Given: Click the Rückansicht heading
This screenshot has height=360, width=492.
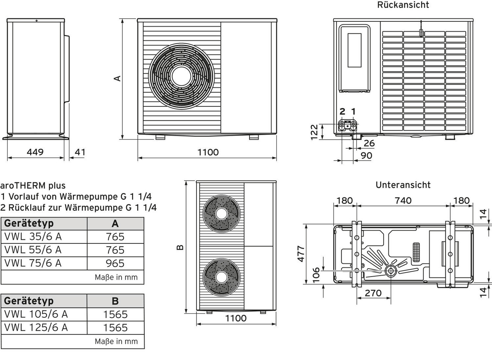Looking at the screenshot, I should pos(403,5).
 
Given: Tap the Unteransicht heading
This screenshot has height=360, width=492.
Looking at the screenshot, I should pos(403,185).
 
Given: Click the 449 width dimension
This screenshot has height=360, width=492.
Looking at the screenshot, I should pos(35,152).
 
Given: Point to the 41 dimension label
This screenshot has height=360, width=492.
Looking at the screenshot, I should pos(80,152).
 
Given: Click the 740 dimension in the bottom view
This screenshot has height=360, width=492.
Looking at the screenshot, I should pos(403,200).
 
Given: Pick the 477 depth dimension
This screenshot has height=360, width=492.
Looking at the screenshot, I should pos(301,254).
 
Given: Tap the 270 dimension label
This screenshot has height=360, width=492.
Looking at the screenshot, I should pos(373,293).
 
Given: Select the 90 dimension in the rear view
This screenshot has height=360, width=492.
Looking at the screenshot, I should pos(366,155).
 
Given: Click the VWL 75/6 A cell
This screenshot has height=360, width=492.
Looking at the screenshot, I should pos(33,263).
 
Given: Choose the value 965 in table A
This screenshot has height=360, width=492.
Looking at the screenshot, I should pos(115,263).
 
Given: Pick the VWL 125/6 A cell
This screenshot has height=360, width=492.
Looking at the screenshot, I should pos(36,327).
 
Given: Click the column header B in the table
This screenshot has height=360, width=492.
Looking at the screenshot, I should pos(115,301).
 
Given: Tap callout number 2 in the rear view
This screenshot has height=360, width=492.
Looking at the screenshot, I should pos(342,111).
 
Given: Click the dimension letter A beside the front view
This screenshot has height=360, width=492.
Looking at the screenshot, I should pos(117,78).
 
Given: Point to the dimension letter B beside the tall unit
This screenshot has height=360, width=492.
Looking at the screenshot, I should pos(180,247).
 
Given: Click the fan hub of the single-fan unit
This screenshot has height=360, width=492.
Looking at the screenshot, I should pos(181,77).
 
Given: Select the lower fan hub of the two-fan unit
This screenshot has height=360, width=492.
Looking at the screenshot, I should pos(221,276).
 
